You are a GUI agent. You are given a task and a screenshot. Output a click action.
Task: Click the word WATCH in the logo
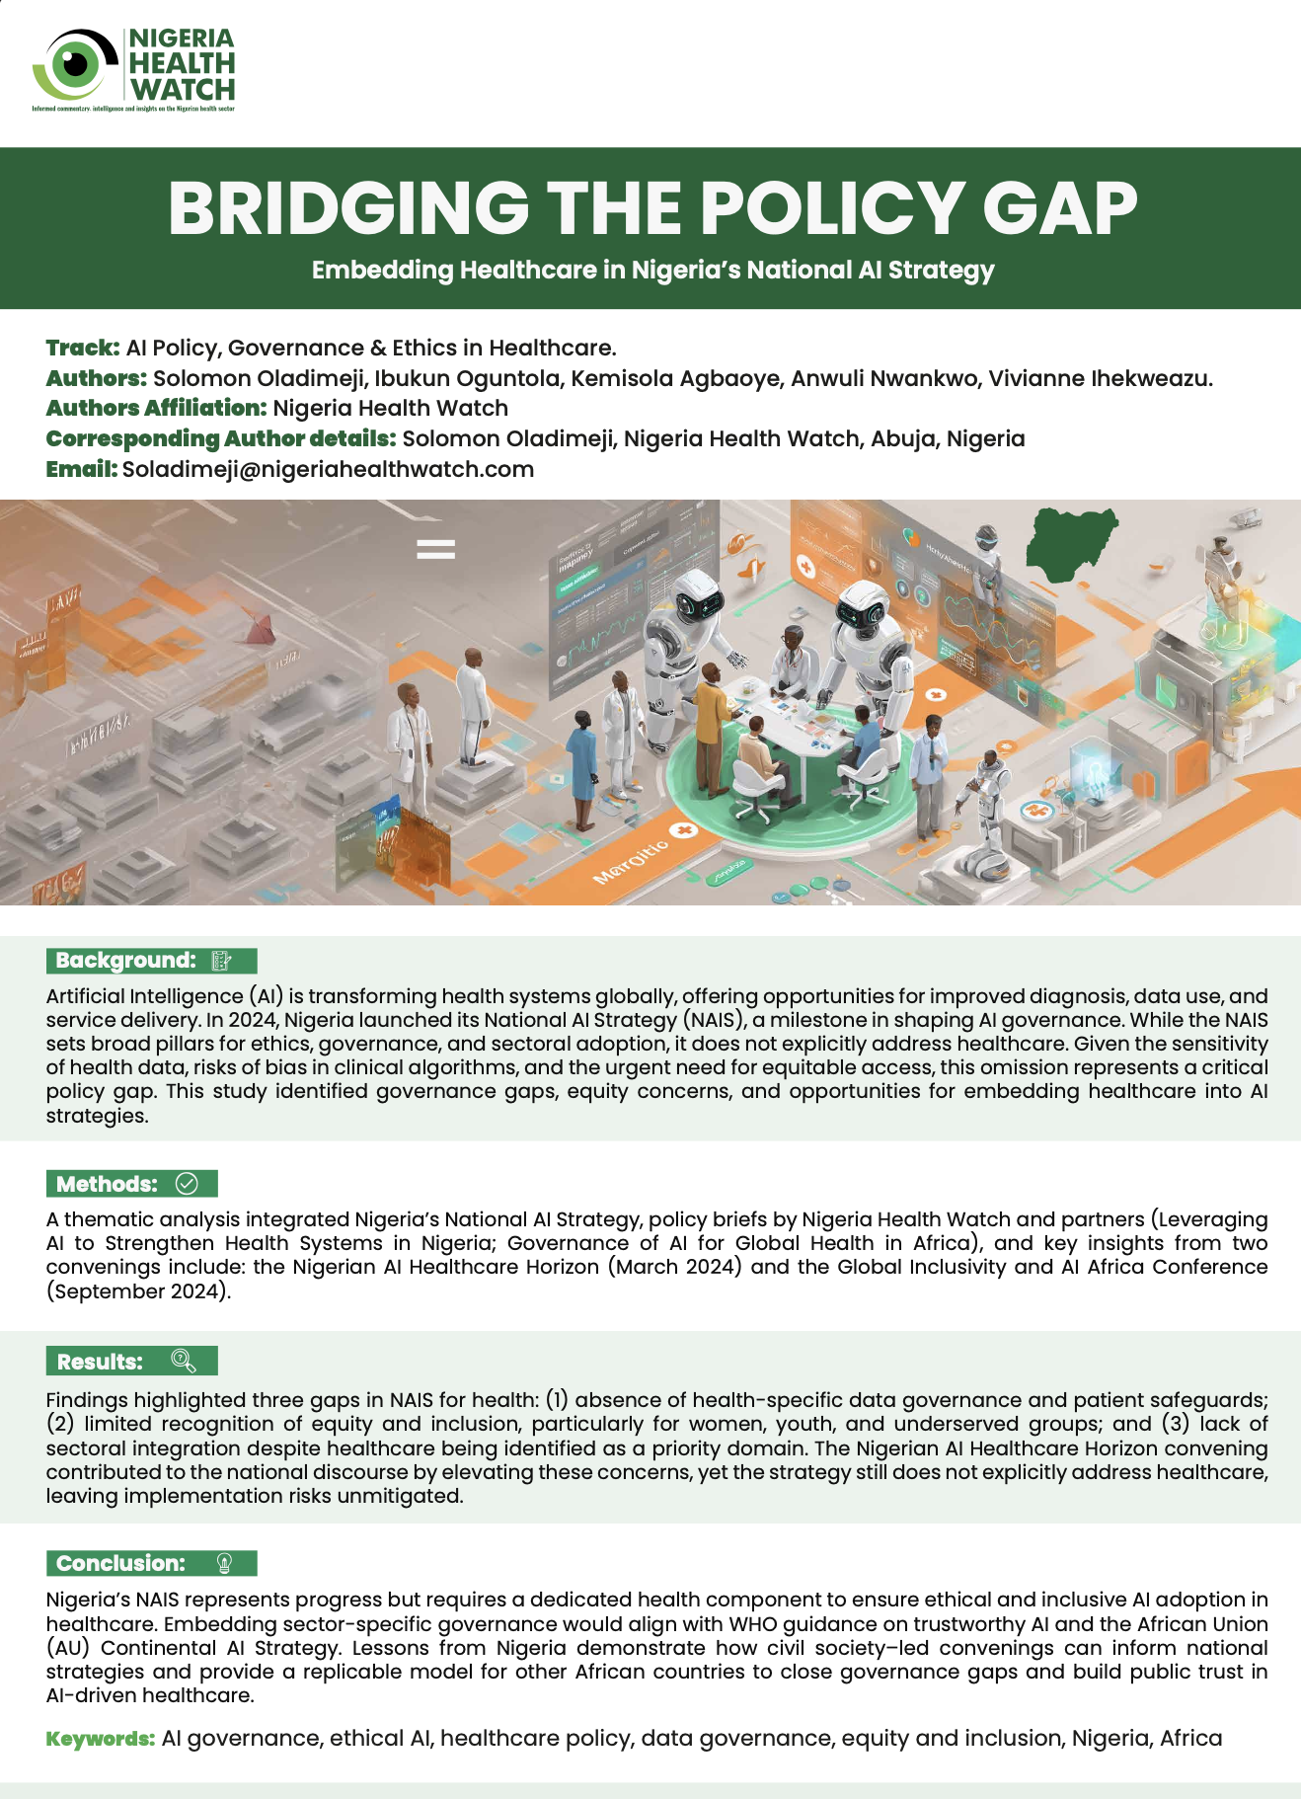click(183, 90)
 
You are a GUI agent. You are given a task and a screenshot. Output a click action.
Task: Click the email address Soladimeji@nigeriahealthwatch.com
click(328, 470)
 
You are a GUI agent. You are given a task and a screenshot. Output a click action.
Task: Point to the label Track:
click(83, 348)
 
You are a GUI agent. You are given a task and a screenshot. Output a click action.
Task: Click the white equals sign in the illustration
click(435, 548)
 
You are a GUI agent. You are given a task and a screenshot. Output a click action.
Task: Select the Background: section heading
click(126, 961)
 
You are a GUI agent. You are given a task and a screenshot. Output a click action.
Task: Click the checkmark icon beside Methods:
click(186, 1184)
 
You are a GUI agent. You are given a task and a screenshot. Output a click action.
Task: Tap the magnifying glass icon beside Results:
click(183, 1362)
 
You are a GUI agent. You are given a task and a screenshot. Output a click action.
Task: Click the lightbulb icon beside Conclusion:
click(224, 1563)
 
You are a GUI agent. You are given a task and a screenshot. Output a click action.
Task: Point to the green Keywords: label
click(101, 1739)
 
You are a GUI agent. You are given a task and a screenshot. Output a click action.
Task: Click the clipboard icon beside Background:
click(222, 961)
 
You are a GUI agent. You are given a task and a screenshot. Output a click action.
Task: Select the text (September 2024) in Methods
click(138, 1291)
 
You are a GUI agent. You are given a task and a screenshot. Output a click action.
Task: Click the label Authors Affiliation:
click(156, 409)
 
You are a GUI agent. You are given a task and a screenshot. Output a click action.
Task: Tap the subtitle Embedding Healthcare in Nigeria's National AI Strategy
click(652, 271)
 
